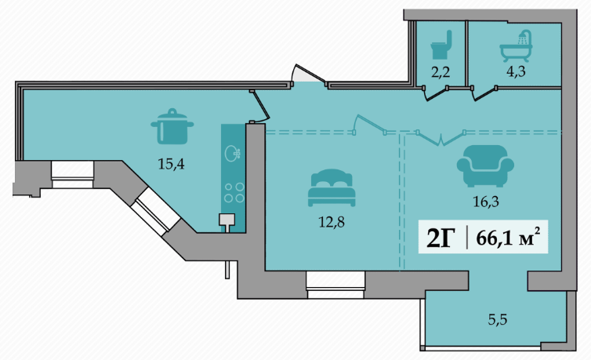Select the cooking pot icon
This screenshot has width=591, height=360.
coord(172,127)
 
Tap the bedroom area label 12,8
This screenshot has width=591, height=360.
coord(332,221)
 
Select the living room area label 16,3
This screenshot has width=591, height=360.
coord(486,202)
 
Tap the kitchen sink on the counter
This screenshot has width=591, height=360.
coord(232,153)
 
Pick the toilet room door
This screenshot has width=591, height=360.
coord(433,94)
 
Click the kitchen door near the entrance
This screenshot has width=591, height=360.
coord(256,107)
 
